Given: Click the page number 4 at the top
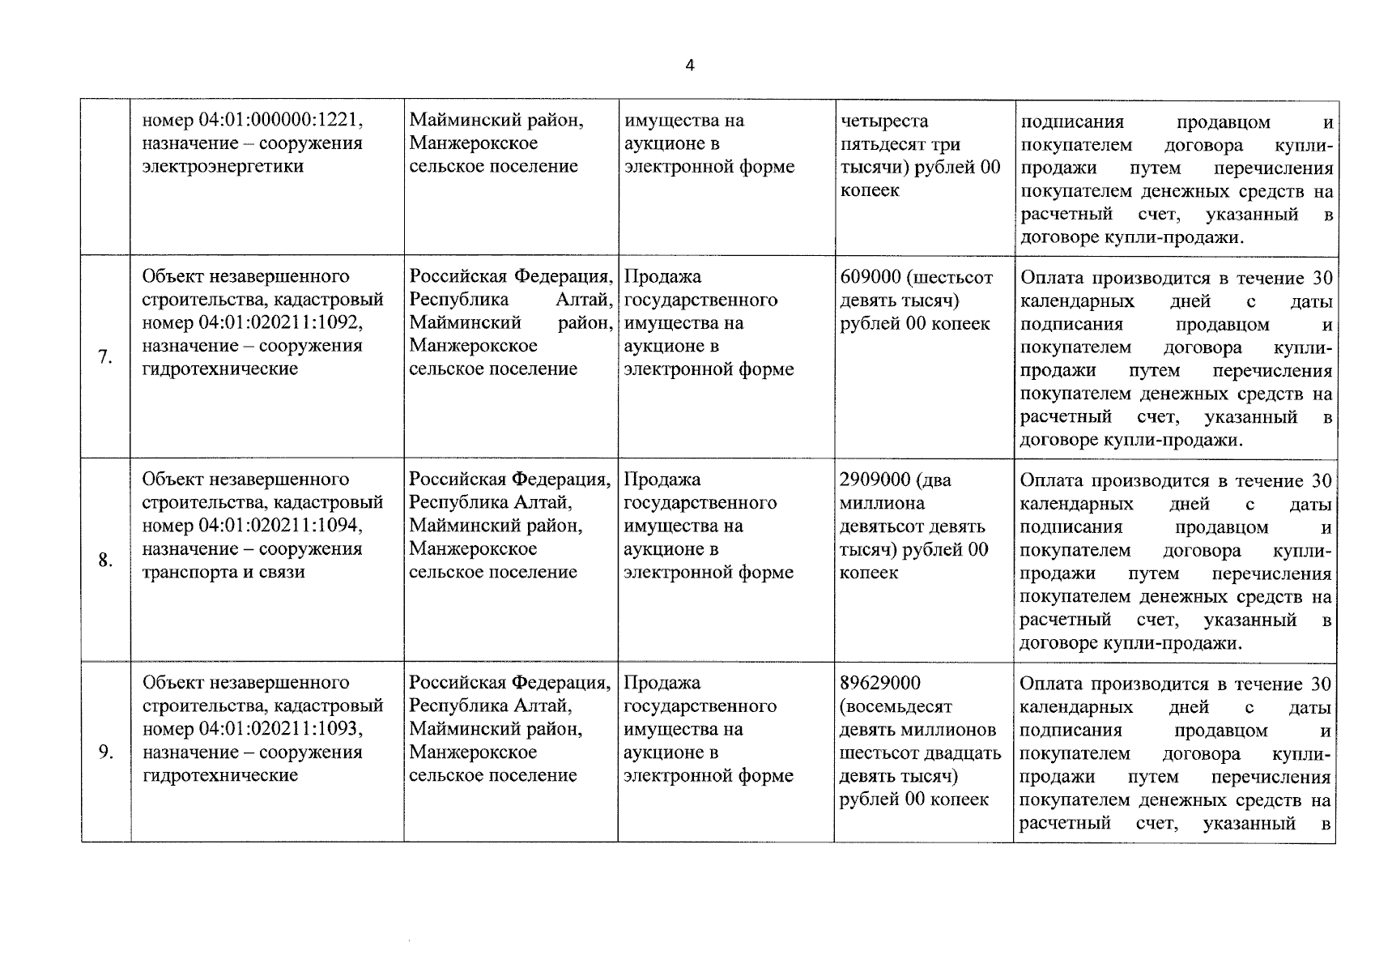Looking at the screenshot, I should tap(689, 66).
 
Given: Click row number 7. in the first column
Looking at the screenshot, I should tap(105, 357).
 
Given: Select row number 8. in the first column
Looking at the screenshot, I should tap(105, 560).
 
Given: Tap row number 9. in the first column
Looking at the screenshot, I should tap(105, 752).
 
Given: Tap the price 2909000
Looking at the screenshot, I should tap(875, 480).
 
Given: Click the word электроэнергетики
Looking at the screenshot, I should tap(223, 167).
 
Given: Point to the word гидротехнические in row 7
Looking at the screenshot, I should tap(220, 369).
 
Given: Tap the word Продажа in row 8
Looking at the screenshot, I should tap(662, 480).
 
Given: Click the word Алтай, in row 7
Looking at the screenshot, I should tap(583, 300).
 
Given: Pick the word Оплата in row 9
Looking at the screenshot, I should tap(1050, 683).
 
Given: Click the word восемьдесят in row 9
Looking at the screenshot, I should tap(897, 706).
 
